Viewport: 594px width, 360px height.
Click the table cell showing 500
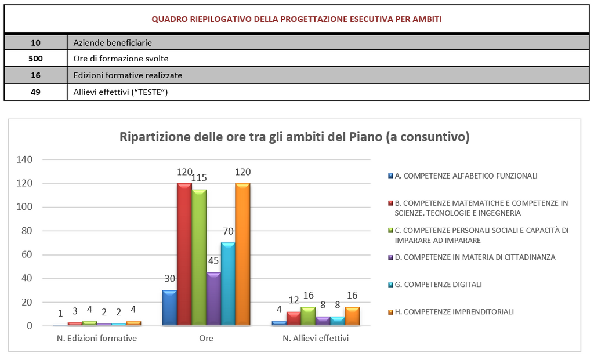point(35,59)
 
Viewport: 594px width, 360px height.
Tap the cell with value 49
point(35,92)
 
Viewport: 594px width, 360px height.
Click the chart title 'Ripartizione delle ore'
point(294,137)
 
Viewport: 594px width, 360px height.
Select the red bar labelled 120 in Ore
point(184,255)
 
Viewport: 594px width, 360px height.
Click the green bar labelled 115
point(199,258)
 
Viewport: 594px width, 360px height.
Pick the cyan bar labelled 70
point(228,284)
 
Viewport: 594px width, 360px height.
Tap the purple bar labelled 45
point(213,299)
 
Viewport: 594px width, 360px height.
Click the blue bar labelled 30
point(169,308)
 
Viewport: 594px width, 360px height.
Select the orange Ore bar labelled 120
point(242,255)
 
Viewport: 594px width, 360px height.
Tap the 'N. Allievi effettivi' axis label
point(316,338)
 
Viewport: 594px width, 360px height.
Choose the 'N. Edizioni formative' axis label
point(96,338)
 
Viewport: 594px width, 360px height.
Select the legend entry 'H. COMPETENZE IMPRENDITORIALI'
point(454,311)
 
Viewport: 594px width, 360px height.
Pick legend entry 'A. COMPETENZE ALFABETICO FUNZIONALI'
point(466,176)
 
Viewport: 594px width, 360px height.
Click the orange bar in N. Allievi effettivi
point(352,317)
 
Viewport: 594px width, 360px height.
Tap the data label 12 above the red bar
point(294,300)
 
